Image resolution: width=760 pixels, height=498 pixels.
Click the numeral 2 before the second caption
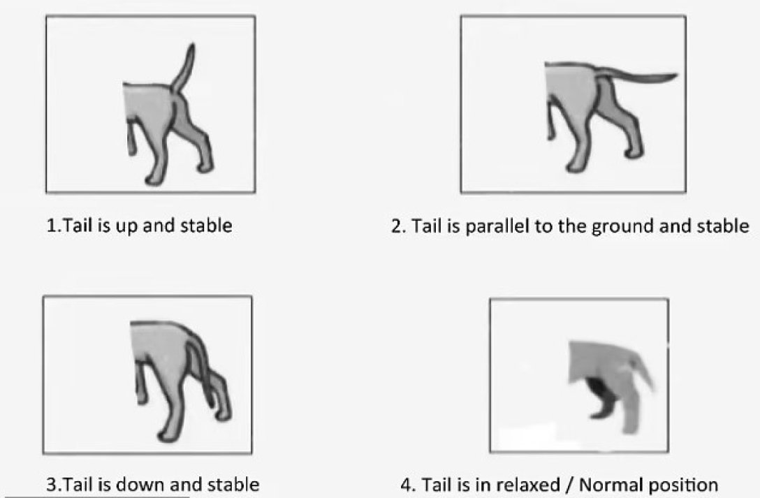pos(397,226)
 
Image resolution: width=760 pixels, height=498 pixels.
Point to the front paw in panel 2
pos(573,168)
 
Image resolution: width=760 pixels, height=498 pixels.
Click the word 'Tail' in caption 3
pos(80,485)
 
